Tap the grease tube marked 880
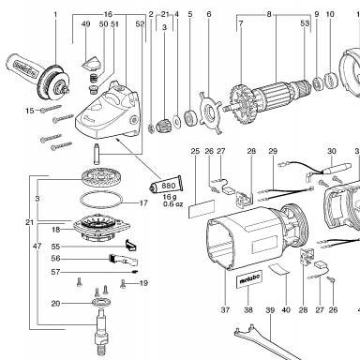(x=166, y=186)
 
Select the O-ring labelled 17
(x=101, y=199)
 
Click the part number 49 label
(x=86, y=24)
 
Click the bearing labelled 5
(x=190, y=118)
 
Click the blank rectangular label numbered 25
(x=202, y=209)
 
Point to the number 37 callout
(x=225, y=310)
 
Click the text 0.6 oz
(x=172, y=204)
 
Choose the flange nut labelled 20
(x=101, y=302)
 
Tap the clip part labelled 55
(x=131, y=245)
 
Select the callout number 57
(x=55, y=272)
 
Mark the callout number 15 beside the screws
(x=30, y=111)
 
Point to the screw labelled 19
(x=123, y=283)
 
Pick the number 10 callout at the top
(x=330, y=14)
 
